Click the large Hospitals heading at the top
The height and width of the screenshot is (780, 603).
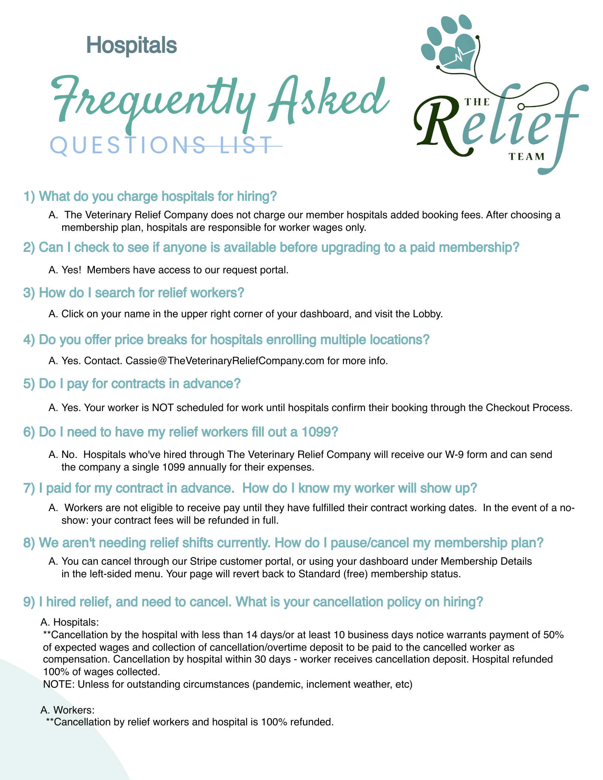point(132,45)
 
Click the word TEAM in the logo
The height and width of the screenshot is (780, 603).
point(527,157)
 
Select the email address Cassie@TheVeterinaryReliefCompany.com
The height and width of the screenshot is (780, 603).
point(225,360)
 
